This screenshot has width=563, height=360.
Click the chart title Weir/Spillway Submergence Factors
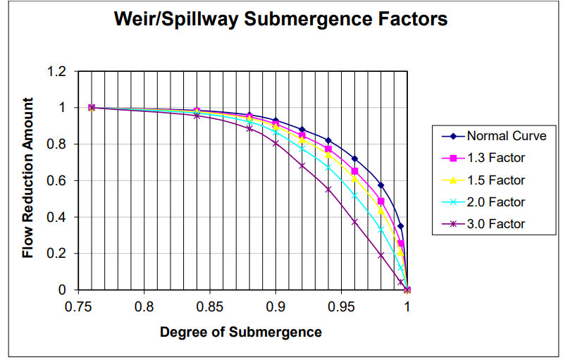[281, 20]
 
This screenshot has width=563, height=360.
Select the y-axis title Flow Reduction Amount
[28, 181]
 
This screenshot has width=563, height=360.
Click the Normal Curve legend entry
[495, 136]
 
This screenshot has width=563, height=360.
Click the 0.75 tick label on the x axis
[78, 307]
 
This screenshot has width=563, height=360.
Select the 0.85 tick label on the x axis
[210, 307]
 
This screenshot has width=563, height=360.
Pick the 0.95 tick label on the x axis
[341, 307]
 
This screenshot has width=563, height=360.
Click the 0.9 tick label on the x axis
[276, 307]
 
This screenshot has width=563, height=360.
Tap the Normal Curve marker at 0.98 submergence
[381, 185]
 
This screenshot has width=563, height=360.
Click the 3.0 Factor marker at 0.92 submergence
[302, 166]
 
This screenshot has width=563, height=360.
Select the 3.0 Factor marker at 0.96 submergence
[354, 222]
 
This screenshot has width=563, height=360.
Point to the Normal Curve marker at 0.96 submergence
[354, 159]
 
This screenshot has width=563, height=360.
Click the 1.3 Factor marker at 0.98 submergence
[381, 201]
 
